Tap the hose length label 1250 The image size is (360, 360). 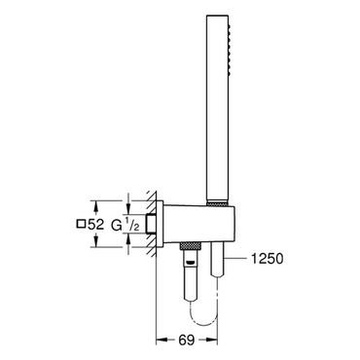coord(267,259)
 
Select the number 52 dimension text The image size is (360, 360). coord(95,225)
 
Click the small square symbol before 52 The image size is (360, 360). coord(81,224)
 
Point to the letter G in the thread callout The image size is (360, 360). coord(116,225)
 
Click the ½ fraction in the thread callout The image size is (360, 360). coord(132,225)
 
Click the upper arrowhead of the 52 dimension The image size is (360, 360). coord(95,205)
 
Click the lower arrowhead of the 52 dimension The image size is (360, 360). coord(95,242)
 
